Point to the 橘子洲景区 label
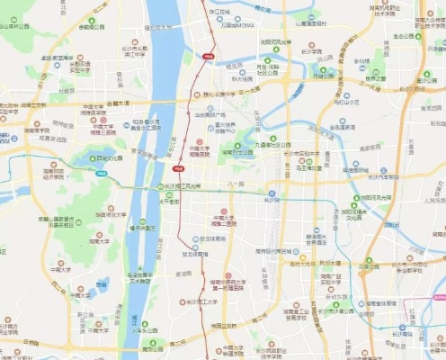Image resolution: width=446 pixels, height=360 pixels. click(138, 229)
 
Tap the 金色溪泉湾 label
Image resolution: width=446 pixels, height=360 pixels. click(345, 127)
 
